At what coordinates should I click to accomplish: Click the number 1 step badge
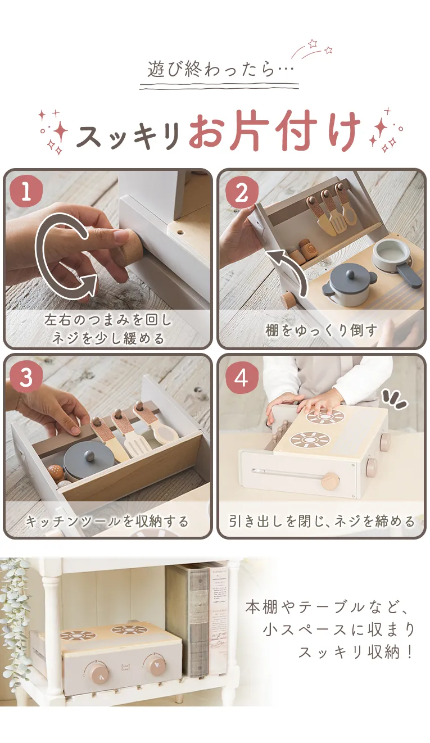coord(26,192)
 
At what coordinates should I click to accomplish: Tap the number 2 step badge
coord(242,192)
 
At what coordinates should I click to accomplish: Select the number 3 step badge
coord(26,377)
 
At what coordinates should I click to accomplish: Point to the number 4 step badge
coord(242,377)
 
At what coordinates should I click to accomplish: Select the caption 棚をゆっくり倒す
coord(322,330)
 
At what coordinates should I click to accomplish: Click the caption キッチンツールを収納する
coord(107,521)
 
